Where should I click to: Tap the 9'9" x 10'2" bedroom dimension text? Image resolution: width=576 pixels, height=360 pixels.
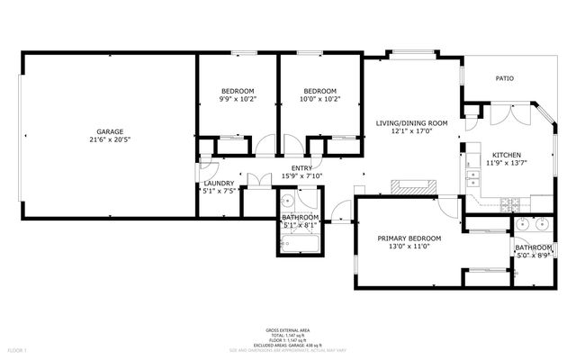[238, 99]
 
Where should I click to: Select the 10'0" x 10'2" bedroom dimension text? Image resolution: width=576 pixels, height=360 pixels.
[319, 99]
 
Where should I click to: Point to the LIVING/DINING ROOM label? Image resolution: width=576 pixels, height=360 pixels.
[411, 122]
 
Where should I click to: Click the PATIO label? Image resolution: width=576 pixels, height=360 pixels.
[504, 79]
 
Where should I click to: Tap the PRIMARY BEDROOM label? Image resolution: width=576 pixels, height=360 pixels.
[409, 238]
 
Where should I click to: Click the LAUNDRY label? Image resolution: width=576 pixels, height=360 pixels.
[219, 183]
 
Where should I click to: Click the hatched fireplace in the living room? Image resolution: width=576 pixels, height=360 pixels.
[412, 188]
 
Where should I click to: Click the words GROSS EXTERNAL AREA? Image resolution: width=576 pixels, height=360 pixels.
[287, 330]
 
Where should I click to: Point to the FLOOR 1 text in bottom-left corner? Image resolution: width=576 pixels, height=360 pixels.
[17, 348]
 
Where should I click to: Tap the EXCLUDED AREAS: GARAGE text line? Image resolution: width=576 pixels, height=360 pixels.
[287, 344]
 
